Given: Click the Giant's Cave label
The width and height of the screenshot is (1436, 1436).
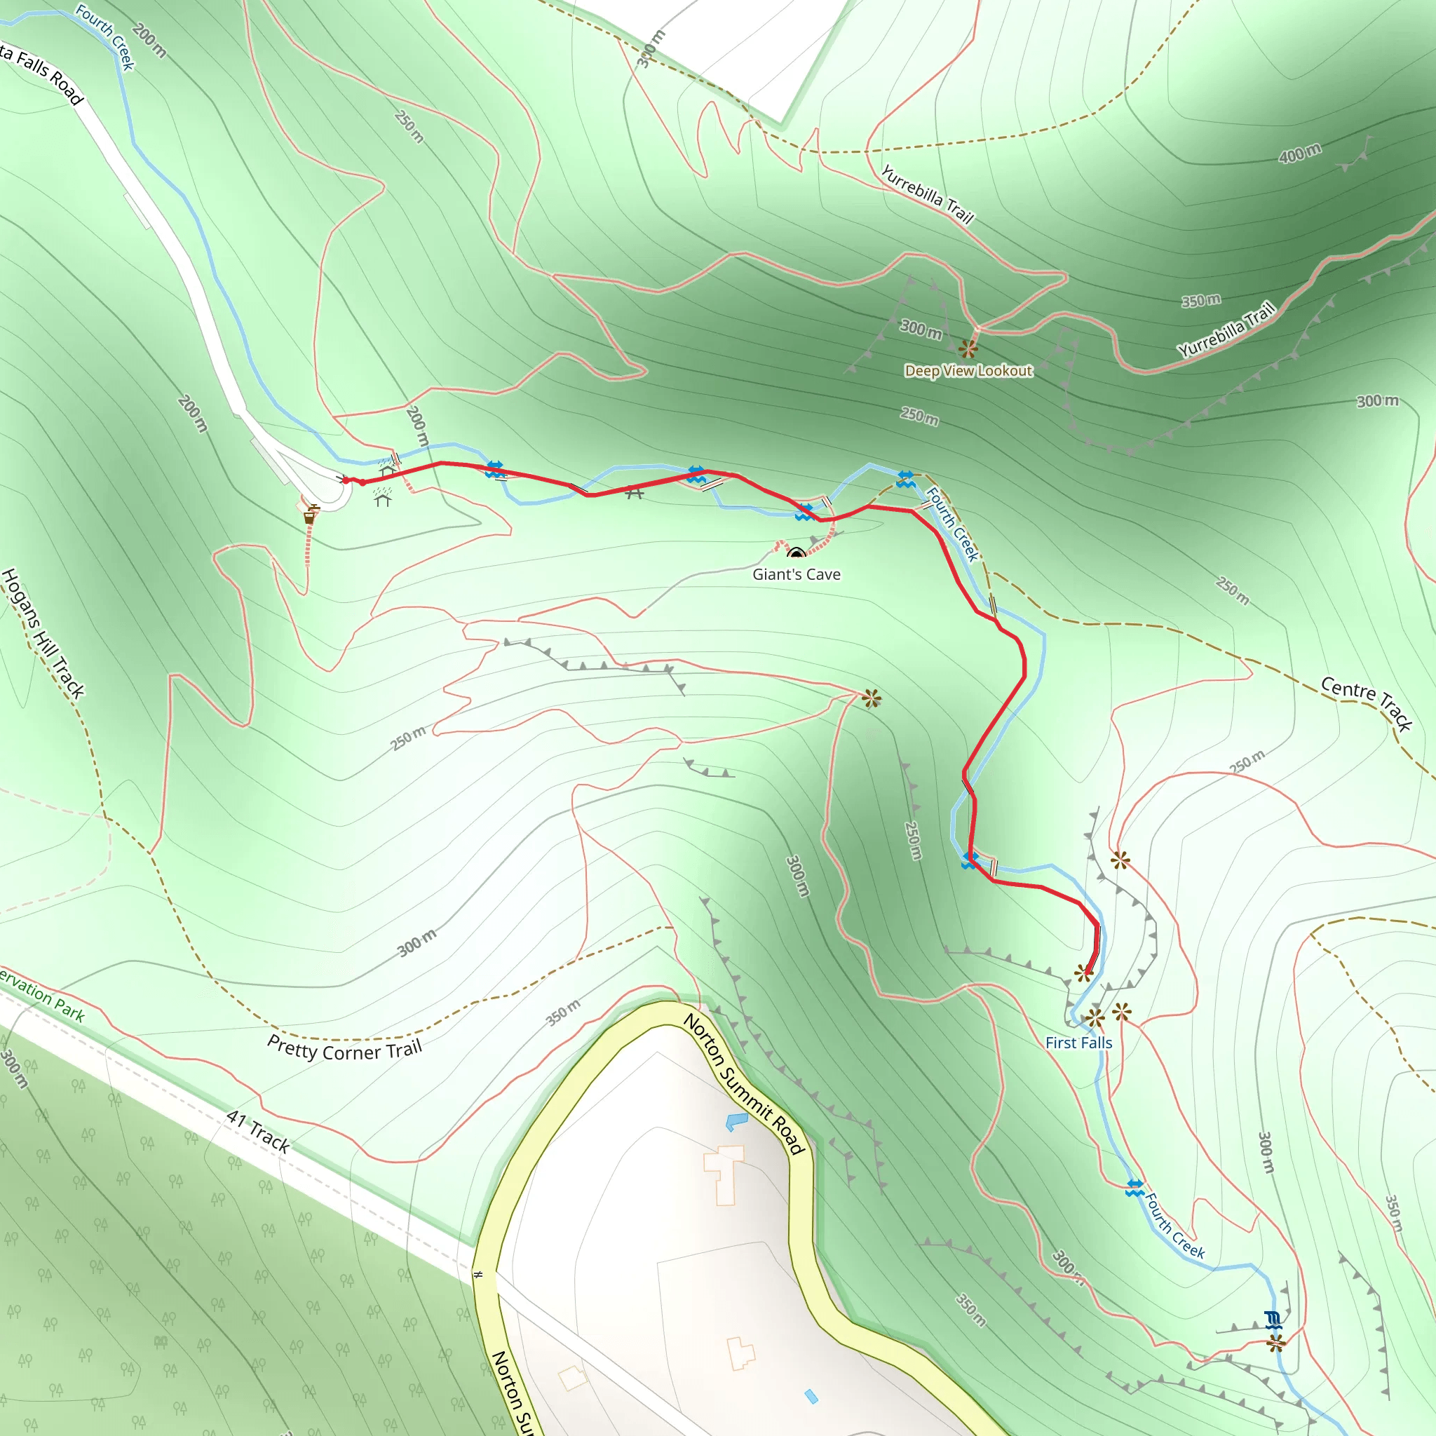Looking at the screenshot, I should tap(796, 574).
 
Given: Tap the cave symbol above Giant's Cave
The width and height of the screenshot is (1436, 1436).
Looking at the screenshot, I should tap(796, 553).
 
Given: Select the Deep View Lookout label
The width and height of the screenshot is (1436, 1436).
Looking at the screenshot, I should tap(968, 370).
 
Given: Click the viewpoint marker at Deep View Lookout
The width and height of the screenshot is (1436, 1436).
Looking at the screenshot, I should tap(967, 348).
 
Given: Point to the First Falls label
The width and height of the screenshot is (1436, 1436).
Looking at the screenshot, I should tap(1078, 1043).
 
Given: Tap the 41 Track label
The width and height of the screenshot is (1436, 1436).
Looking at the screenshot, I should tap(258, 1132).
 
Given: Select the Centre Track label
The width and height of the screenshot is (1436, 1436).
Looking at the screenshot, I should tap(1366, 702).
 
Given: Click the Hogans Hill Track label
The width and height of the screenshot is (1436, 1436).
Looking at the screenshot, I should tap(42, 633).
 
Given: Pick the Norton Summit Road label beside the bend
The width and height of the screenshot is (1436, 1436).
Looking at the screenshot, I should tap(744, 1084).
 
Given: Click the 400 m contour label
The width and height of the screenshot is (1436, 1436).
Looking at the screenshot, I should tap(1300, 153).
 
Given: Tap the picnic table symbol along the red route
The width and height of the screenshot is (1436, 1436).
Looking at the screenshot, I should tap(634, 492).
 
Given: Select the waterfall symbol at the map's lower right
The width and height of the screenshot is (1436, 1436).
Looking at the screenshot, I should tap(1273, 1321).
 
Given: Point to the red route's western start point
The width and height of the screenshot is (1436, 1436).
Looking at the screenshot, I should tap(346, 480).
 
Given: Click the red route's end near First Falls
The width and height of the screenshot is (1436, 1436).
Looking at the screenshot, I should tap(1088, 973).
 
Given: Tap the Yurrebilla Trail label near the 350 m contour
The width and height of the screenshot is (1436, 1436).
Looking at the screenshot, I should tap(1226, 329).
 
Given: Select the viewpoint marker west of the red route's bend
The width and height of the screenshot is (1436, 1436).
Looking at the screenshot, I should tap(872, 698).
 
